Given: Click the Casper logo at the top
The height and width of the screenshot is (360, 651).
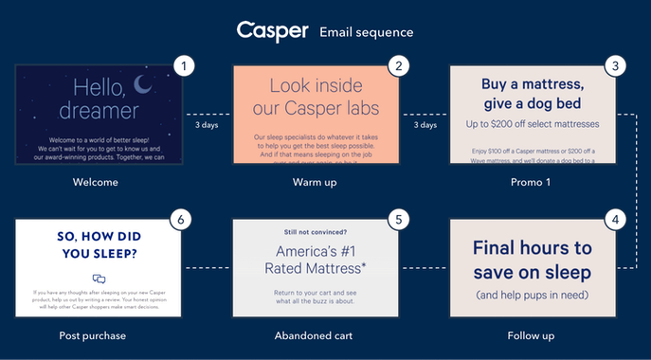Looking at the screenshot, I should click(272, 30).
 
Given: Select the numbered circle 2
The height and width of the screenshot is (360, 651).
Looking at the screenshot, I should click(400, 66).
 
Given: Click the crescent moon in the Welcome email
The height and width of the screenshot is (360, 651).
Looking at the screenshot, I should click(144, 86).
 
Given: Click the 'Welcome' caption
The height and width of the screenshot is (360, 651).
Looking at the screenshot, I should click(99, 181).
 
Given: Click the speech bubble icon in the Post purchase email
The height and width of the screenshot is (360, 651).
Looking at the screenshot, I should click(99, 279).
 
